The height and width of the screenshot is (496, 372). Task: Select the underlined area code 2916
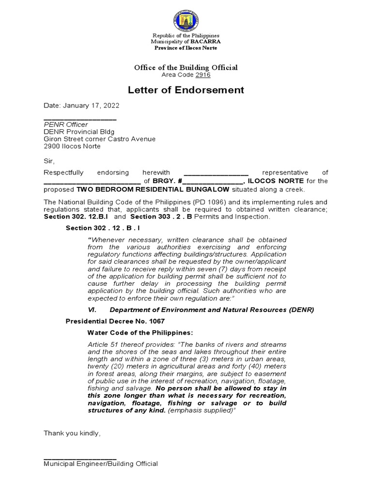coord(203,75)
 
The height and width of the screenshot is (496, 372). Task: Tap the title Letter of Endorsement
coord(186,90)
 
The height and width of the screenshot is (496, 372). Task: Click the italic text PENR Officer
coord(66,124)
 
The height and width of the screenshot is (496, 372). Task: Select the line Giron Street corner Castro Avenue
coord(100,139)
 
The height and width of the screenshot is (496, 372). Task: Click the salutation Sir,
coord(50,161)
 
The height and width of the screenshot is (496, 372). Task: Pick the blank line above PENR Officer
coord(80,119)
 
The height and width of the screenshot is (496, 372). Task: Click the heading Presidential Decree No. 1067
coord(115,321)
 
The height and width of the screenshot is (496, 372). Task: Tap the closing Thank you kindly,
coord(72,433)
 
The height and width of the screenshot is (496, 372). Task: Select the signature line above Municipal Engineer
coord(80,458)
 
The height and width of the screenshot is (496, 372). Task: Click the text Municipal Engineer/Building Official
coord(101,464)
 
